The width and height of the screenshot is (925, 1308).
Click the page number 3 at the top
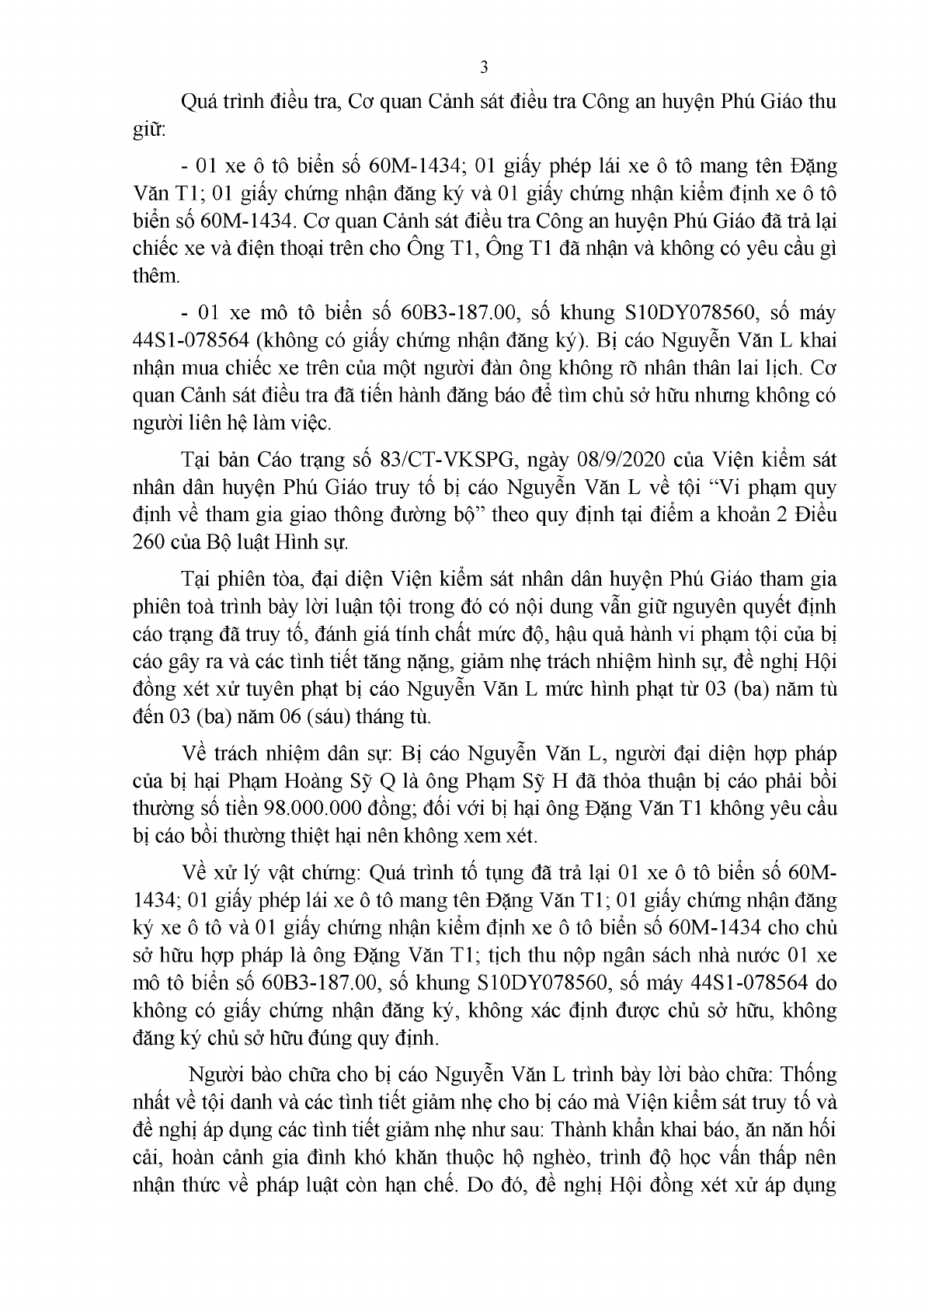click(485, 68)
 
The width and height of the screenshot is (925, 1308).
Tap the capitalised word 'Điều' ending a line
click(815, 515)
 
